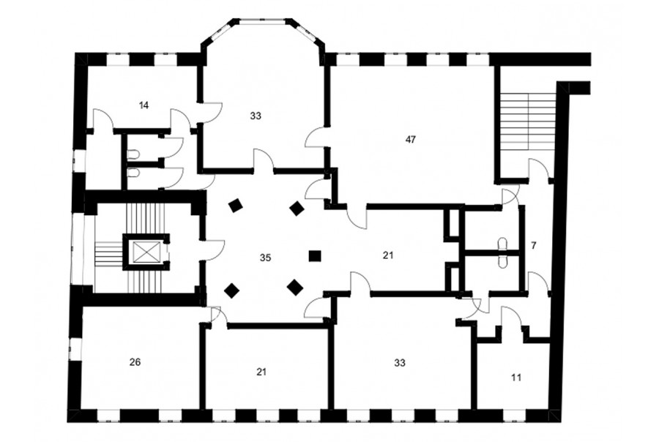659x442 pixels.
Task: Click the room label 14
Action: coord(144,105)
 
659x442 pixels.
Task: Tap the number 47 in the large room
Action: coord(411,140)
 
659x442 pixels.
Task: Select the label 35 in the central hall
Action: coord(265,258)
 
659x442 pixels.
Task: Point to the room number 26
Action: coord(135,362)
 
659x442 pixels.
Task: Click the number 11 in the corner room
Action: coord(516,378)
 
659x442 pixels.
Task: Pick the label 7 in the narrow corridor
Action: coord(533,246)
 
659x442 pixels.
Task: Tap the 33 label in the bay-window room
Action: coord(255,116)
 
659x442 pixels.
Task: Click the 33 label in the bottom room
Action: coord(400,362)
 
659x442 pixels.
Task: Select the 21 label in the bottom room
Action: coord(261,372)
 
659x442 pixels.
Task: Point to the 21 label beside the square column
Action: coord(387,255)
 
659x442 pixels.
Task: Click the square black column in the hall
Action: coord(315,256)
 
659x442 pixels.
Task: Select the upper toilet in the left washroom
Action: coord(133,154)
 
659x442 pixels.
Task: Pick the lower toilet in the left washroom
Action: coord(133,173)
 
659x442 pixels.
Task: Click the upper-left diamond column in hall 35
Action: coord(235,206)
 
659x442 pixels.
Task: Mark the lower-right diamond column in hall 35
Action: coord(295,288)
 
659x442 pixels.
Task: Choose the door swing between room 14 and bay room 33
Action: coord(212,112)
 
